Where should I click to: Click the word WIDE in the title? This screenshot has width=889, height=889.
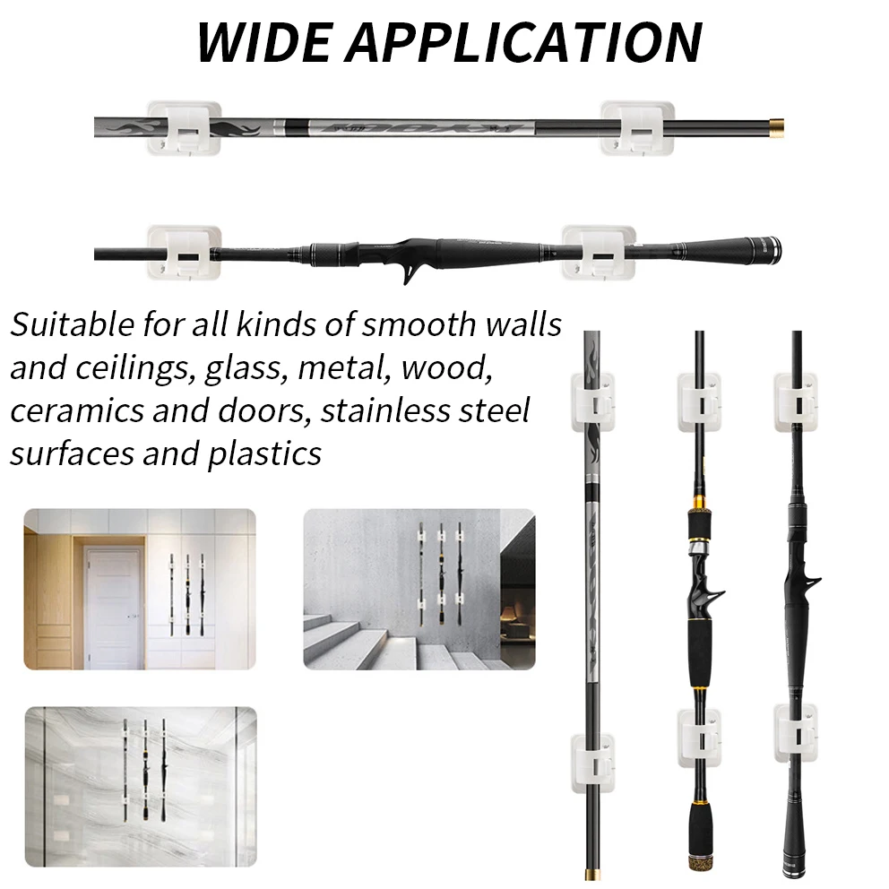(263, 42)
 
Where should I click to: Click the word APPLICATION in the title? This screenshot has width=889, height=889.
(525, 42)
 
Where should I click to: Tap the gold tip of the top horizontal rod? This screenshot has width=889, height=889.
(776, 125)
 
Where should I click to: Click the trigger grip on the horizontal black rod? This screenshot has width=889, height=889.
(411, 272)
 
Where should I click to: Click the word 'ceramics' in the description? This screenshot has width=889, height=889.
(76, 410)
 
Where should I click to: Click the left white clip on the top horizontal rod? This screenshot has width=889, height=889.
(184, 129)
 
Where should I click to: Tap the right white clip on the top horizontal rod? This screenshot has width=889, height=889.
(637, 129)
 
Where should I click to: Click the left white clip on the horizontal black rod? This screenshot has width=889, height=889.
(184, 253)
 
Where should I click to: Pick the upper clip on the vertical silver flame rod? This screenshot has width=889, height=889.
(593, 402)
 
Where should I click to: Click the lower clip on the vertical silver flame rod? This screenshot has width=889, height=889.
(593, 763)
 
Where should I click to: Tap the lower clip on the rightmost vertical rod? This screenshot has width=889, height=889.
(797, 732)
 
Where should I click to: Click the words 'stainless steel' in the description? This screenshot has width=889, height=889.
(425, 410)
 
